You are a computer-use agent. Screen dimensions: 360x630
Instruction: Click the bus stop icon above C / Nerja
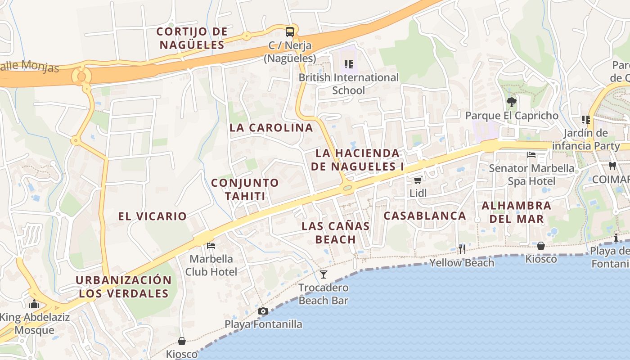(290, 32)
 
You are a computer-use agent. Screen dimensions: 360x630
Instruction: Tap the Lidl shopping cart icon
(418, 180)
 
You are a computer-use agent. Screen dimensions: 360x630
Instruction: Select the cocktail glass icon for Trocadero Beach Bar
(324, 274)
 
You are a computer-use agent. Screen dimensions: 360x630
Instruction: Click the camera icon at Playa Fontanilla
(263, 311)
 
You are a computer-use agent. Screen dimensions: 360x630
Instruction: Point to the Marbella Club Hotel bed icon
(211, 246)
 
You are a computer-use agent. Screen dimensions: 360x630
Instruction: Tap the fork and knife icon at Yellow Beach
(462, 249)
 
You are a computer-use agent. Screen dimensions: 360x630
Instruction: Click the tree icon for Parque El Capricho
(511, 102)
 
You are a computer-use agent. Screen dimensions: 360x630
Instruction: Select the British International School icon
(348, 64)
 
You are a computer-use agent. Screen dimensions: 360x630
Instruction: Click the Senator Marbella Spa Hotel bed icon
(531, 155)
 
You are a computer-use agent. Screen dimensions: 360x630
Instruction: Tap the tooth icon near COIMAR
(612, 166)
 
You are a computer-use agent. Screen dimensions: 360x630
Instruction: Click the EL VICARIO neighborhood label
(153, 216)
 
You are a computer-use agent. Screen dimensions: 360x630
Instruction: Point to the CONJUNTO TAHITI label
(245, 189)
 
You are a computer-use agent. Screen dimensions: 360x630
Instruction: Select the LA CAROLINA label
(271, 127)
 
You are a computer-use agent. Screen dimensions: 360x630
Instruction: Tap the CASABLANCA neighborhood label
(425, 216)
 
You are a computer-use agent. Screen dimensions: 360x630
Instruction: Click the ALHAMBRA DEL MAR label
(516, 212)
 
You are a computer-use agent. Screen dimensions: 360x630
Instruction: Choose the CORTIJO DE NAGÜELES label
(192, 38)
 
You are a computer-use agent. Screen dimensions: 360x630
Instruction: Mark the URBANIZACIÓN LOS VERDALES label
(124, 287)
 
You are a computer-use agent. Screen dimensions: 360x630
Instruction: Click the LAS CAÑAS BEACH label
(336, 233)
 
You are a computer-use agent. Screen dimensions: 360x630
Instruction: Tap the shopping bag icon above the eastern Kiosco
(541, 246)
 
